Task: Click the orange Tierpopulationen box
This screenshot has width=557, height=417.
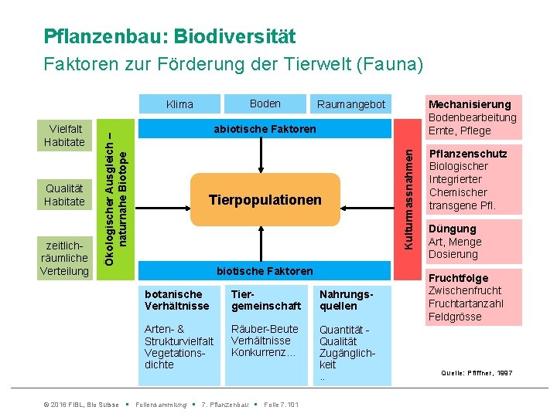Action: tap(265, 201)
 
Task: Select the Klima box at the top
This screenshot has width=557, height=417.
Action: tap(180, 104)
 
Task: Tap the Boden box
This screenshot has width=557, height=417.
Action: tap(265, 103)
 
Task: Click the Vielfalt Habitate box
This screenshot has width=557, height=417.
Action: tap(64, 135)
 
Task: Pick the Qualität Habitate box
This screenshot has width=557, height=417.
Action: tap(64, 195)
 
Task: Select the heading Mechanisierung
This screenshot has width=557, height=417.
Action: tap(470, 104)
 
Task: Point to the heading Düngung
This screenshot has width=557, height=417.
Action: tap(452, 229)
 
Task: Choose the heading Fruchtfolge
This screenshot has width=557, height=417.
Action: tap(458, 278)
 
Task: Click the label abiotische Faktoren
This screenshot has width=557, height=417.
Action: tap(265, 129)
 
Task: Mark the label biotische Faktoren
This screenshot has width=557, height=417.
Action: tap(265, 270)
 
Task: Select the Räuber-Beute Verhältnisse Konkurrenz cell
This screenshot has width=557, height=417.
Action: tap(265, 341)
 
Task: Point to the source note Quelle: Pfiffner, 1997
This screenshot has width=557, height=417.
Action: tap(477, 373)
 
